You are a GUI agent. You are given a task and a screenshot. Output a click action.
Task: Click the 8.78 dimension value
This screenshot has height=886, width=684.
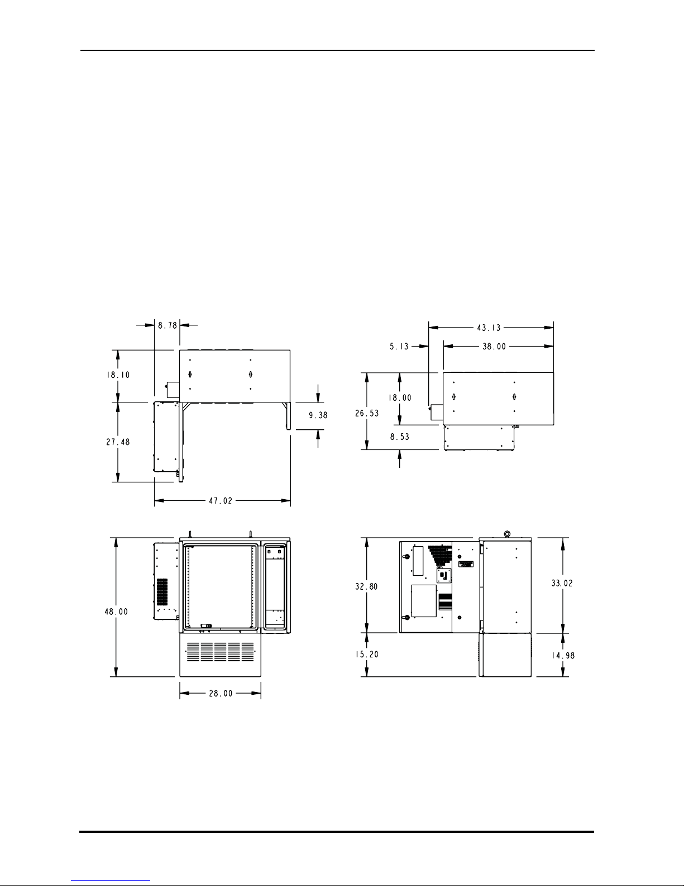coord(168,325)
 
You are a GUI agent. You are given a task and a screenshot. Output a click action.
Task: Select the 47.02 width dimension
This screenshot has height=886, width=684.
coord(221,501)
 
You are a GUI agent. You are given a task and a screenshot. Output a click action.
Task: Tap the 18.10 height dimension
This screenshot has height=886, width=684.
coord(118,375)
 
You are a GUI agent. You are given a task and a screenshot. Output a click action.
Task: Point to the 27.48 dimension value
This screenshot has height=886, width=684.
coord(118,442)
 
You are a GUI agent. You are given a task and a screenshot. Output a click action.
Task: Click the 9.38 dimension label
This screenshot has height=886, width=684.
coord(318,415)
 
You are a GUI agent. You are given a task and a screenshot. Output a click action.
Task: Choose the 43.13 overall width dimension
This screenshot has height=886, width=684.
coord(489,328)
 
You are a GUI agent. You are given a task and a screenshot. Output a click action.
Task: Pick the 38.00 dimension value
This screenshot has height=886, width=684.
coord(494,347)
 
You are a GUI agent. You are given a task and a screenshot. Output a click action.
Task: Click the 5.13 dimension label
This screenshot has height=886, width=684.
coord(399,347)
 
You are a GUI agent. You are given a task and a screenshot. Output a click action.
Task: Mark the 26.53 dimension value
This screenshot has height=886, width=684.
coord(367,414)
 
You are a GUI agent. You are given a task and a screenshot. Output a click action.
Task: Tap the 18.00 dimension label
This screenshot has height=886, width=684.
coord(400,398)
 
